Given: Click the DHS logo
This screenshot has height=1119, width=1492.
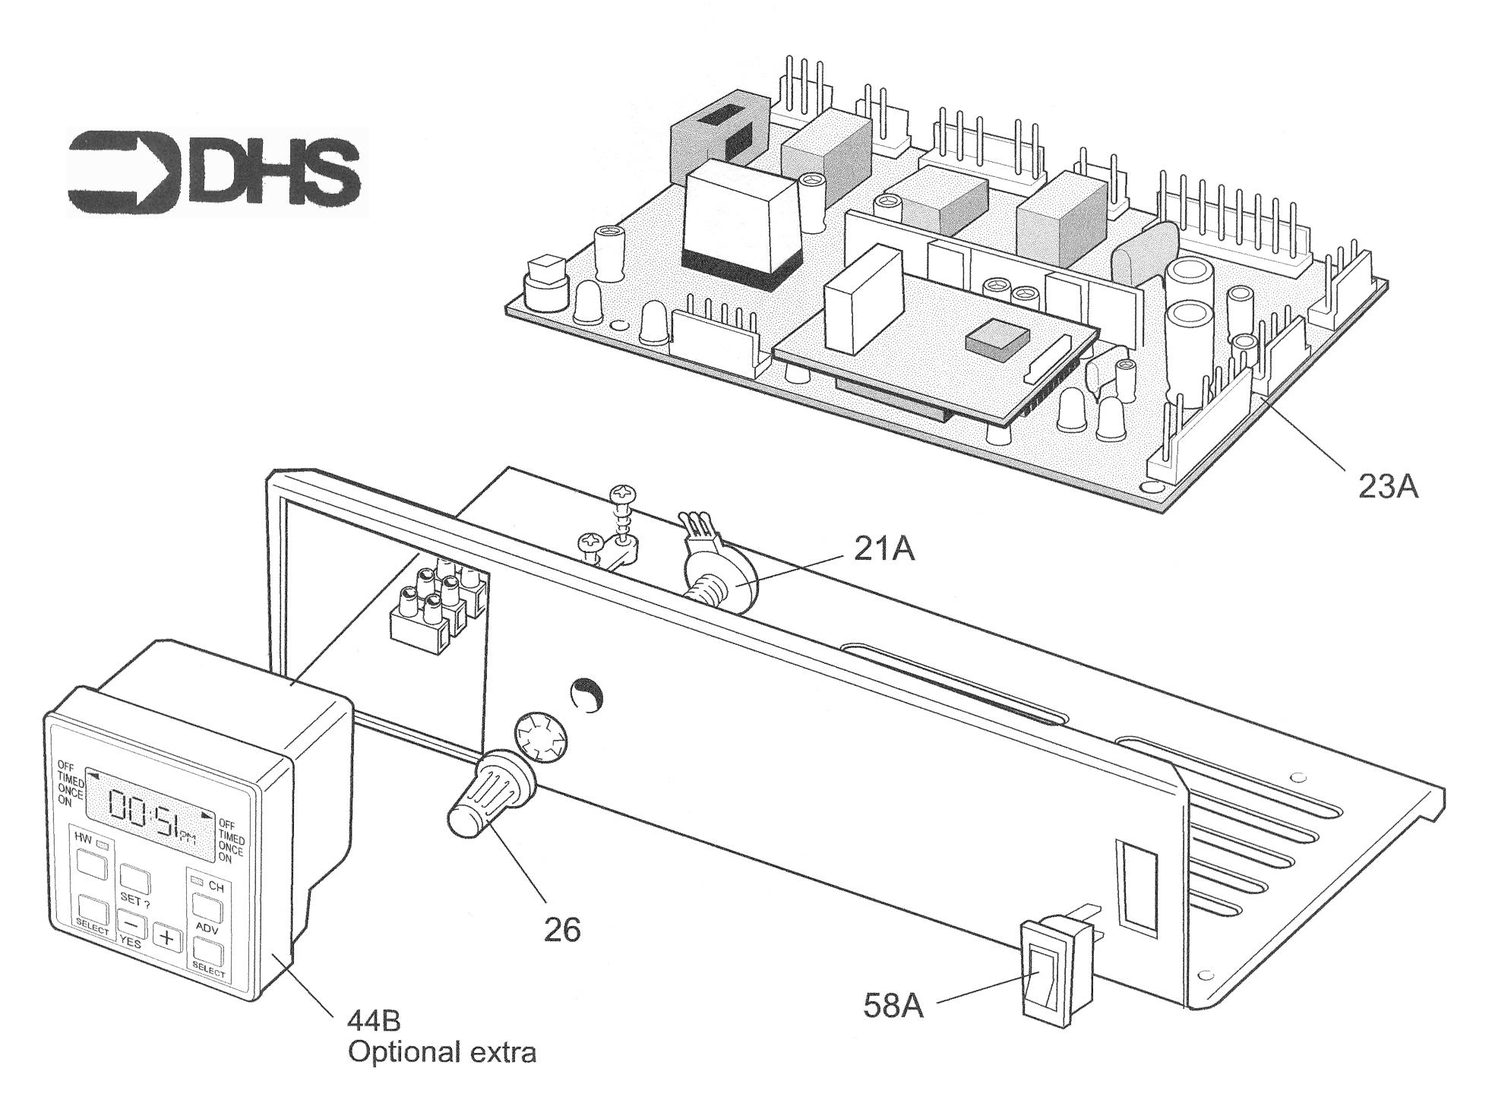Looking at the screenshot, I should point(215,173).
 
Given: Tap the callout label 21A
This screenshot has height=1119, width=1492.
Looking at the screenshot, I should point(884,549).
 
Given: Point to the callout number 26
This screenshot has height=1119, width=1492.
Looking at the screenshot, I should point(562,930).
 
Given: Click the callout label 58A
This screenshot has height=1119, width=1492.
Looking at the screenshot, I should point(893,1006).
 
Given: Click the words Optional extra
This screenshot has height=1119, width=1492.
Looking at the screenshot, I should point(442,1053).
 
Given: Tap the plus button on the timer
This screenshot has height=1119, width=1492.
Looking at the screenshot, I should point(167,939).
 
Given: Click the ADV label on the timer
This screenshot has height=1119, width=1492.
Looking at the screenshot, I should point(207,928).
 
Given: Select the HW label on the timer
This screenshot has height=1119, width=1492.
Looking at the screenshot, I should point(82,836).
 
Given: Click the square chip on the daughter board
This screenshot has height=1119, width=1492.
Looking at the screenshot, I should point(995,337).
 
